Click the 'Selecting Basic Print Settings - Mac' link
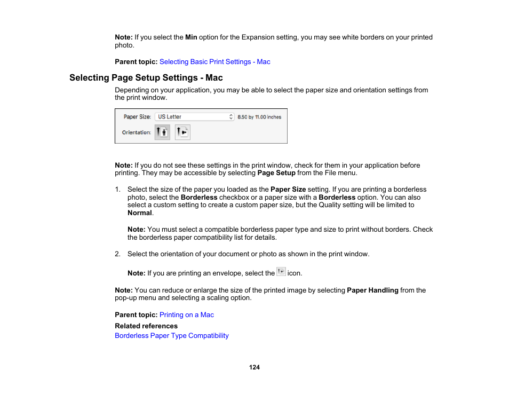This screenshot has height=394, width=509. [x=214, y=62]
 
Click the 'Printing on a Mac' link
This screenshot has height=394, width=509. [x=186, y=315]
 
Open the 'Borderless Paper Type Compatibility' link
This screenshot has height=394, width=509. [x=171, y=336]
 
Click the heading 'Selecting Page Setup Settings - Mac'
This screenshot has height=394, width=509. [x=146, y=78]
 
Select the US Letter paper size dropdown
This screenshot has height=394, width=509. [x=194, y=117]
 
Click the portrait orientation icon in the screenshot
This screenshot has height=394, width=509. [x=162, y=132]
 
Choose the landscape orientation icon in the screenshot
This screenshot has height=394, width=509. [x=182, y=132]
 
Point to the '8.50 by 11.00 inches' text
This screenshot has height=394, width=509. [x=259, y=117]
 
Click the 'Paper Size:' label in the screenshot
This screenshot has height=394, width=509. [x=137, y=117]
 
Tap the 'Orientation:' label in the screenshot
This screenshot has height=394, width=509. [x=136, y=132]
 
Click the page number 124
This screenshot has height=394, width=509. [x=254, y=367]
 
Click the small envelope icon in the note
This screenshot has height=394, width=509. [x=281, y=272]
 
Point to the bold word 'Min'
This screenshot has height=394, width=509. [x=191, y=37]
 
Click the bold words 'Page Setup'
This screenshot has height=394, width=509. [x=277, y=173]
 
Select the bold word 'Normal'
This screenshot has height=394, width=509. [x=140, y=213]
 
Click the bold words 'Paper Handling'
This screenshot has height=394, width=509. [x=372, y=290]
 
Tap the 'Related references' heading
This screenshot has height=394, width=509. [x=146, y=326]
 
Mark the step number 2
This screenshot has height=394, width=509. [x=117, y=254]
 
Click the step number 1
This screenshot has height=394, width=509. [x=117, y=190]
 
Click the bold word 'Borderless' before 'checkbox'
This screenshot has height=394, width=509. [x=199, y=198]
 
